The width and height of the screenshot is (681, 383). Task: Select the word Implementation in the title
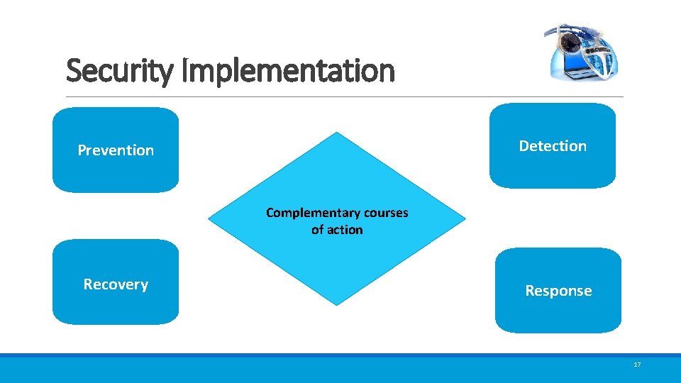pos(288,71)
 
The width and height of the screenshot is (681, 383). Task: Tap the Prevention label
pos(116,150)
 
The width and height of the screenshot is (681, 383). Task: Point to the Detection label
pos(553,146)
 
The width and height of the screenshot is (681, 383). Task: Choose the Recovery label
pos(116,284)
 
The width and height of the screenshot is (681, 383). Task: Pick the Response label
pos(558,291)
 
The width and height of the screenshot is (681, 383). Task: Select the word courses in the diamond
pos(385,213)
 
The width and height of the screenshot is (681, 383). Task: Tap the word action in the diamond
pos(345,230)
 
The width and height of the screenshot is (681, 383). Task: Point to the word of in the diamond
pos(318,230)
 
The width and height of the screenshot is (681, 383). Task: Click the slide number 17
pos(636,365)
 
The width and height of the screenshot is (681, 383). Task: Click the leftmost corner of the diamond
pos(209,219)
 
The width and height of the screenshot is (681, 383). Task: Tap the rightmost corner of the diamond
pos(466,219)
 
